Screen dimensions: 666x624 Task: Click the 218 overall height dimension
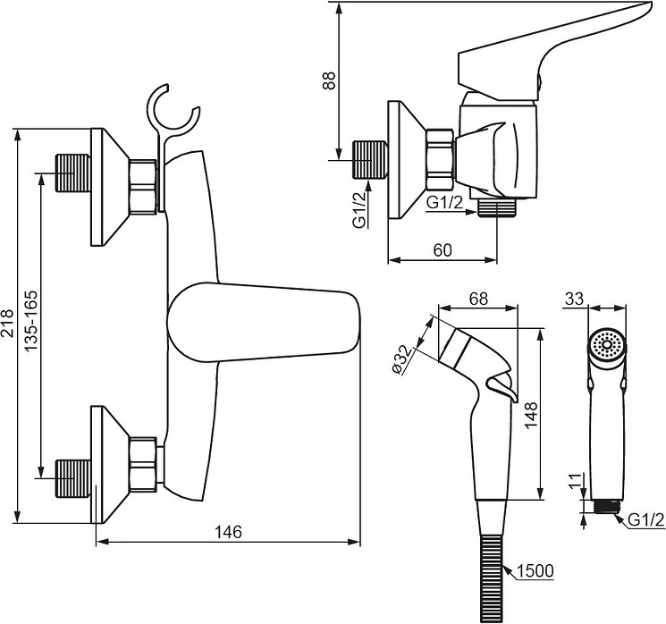8,324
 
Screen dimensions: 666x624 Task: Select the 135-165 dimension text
30,321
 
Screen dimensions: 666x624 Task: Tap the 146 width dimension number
228,532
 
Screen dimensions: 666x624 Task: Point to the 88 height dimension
329,80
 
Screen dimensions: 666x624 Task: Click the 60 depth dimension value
443,250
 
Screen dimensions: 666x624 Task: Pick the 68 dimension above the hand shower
478,299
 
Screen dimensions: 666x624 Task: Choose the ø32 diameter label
402,359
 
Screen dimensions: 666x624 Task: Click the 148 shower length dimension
531,415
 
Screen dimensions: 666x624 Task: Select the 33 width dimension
574,299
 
